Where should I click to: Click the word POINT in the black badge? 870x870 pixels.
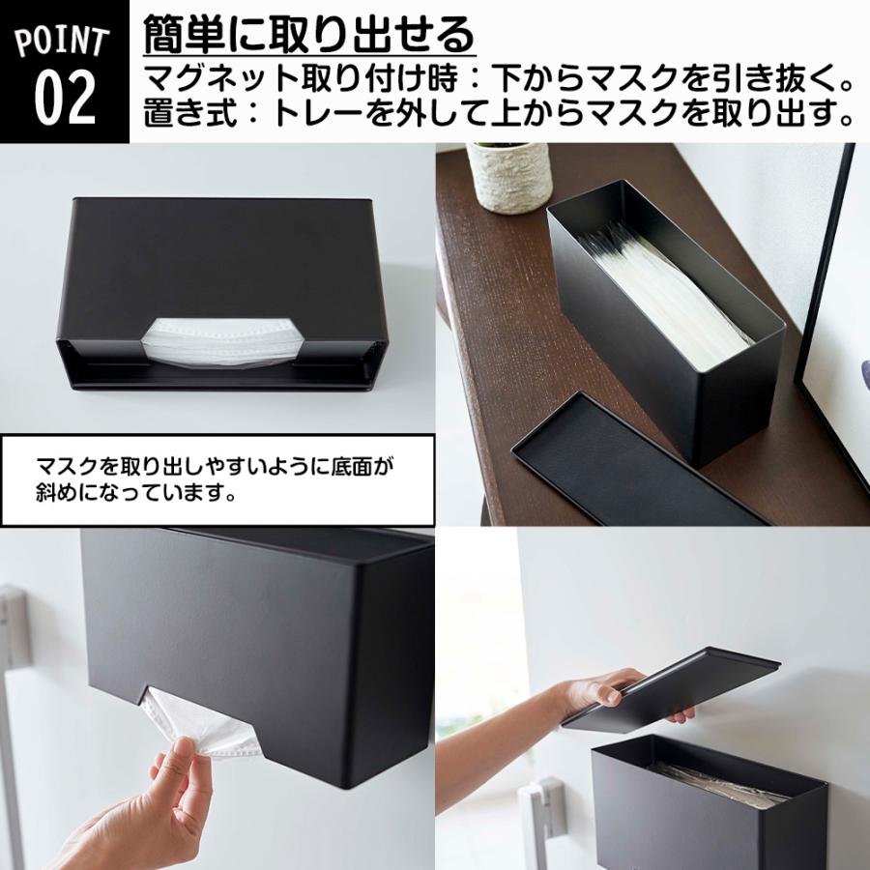click(63, 43)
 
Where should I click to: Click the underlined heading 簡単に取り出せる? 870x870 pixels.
click(308, 36)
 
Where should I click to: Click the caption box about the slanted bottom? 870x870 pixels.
click(217, 479)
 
